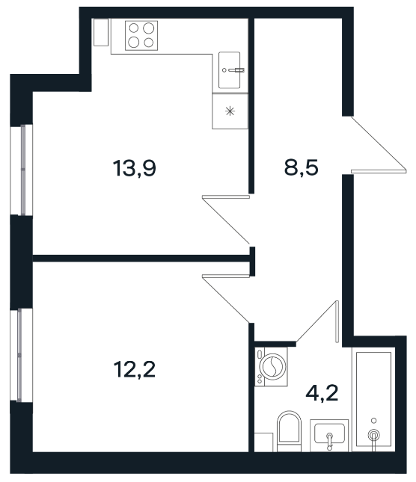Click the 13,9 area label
tap(135, 168)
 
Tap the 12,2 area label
tap(135, 369)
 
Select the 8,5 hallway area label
tap(302, 168)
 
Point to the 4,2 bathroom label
tap(322, 393)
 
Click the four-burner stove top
tap(141, 35)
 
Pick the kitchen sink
tap(230, 70)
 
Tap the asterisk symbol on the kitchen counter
tap(230, 111)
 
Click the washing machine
tap(271, 366)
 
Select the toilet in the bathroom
tap(289, 431)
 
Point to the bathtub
tap(373, 400)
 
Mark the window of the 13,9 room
tap(22, 170)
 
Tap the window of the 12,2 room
tap(22, 355)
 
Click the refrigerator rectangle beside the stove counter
tap(101, 32)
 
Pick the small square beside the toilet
tap(263, 442)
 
